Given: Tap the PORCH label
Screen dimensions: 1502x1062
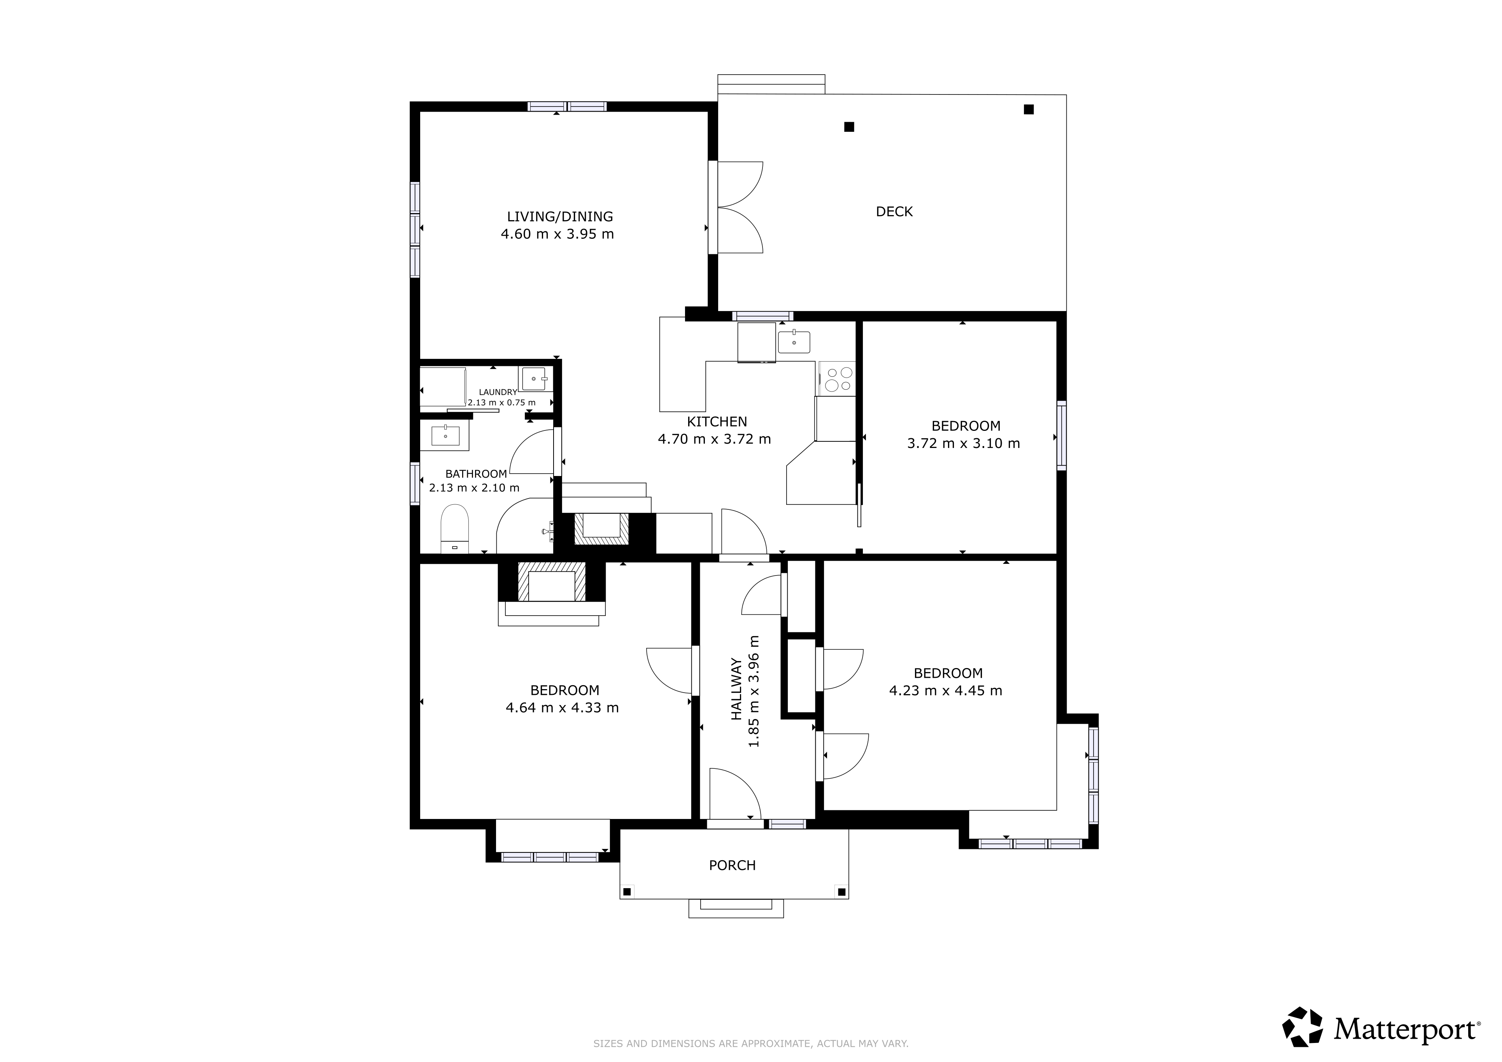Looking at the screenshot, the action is point(732,865).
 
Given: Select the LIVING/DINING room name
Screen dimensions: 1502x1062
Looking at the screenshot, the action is point(560,217).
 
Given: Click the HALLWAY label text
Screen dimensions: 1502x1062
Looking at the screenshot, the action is point(737,689).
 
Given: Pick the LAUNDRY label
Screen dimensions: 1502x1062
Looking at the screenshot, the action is point(498,392).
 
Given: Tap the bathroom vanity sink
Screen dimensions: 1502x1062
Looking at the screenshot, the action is point(445,435).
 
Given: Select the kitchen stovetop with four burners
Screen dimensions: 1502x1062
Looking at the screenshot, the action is point(837,379).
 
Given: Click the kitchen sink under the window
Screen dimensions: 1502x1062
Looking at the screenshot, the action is point(794,341).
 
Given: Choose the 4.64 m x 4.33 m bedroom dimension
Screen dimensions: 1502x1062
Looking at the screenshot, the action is point(562,708).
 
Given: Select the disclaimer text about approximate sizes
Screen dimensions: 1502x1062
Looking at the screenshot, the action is point(750,1044).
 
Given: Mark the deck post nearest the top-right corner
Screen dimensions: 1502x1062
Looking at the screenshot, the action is point(1029,109).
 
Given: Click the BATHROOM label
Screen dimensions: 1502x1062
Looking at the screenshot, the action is point(476,474).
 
